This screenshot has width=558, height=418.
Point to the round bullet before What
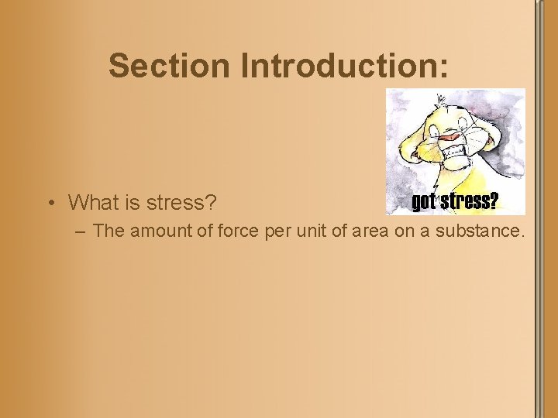coord(50,203)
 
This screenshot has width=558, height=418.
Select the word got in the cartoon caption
coord(425,203)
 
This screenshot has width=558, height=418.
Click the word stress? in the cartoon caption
coord(470,203)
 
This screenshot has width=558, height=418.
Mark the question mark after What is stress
coord(211,203)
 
